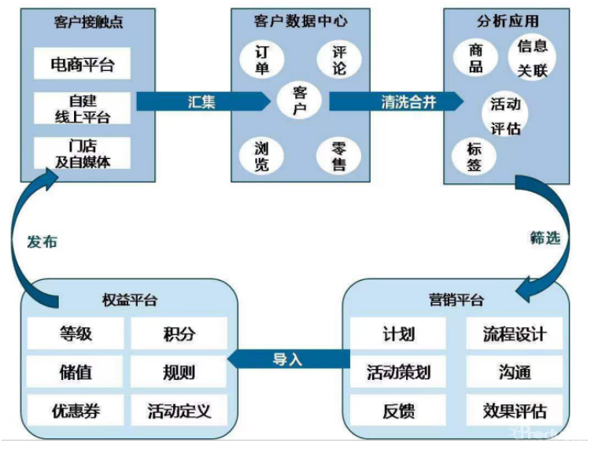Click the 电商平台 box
82,64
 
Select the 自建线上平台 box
82,109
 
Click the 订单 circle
262,59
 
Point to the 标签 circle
475,156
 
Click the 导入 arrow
288,360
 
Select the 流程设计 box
515,334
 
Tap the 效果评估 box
515,411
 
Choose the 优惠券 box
76,411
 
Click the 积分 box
179,334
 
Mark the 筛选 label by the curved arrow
545,238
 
